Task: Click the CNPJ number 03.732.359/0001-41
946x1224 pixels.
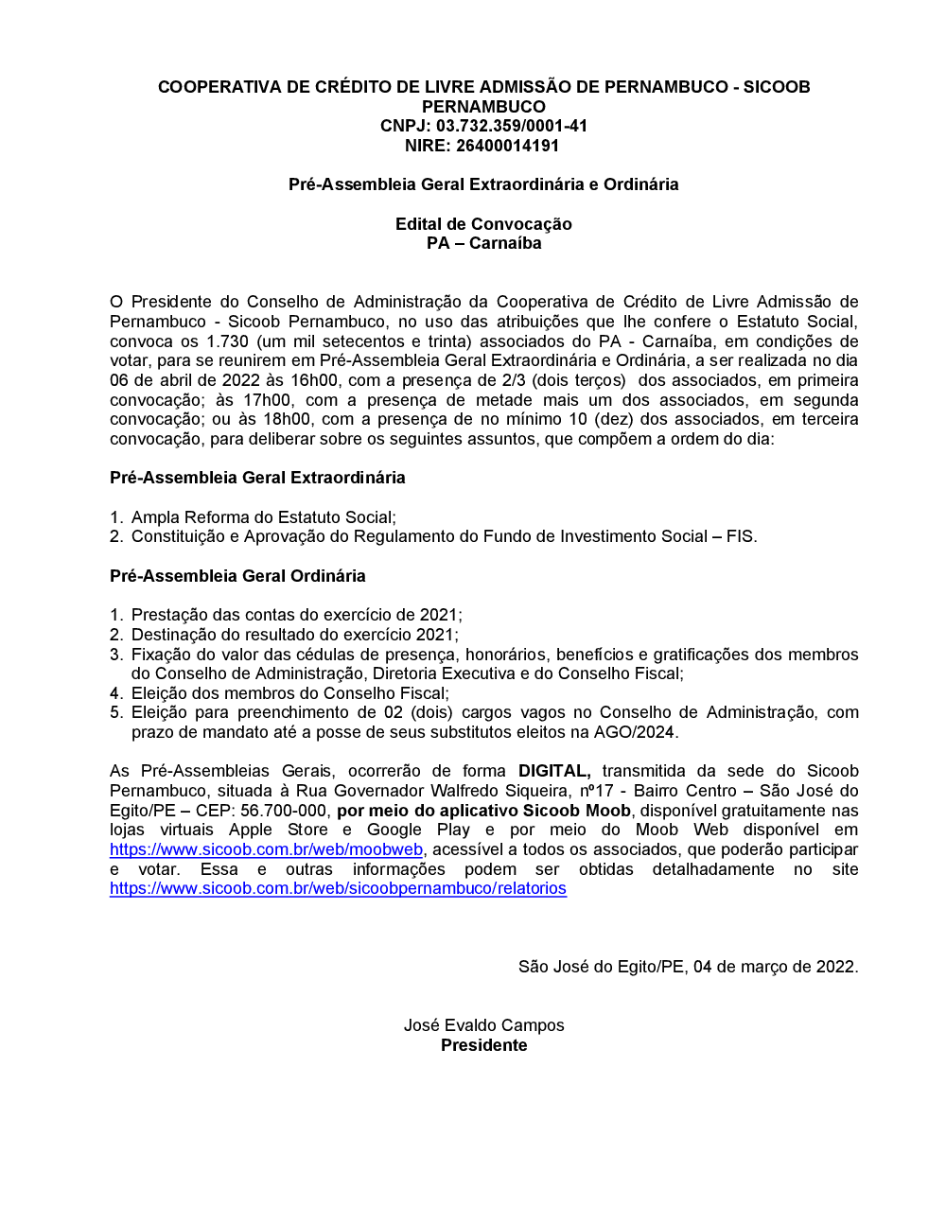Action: [512, 126]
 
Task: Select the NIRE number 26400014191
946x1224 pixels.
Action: [508, 146]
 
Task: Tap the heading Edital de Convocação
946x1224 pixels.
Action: [483, 224]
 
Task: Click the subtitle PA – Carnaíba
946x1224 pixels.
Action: [483, 243]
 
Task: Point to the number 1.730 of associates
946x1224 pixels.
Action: [227, 341]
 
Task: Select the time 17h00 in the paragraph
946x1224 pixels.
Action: [266, 400]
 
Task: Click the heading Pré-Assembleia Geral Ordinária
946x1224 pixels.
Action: [237, 576]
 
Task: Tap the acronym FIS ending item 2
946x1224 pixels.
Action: [740, 536]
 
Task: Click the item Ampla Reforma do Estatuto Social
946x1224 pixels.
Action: [262, 517]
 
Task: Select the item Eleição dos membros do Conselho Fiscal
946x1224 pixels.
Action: [289, 693]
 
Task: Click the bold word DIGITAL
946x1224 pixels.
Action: [554, 771]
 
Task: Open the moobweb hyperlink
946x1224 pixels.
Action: [266, 849]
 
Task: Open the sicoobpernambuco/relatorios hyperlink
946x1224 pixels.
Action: [338, 888]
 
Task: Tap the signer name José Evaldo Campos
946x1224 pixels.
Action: [483, 1025]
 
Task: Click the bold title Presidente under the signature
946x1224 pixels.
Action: [483, 1045]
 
